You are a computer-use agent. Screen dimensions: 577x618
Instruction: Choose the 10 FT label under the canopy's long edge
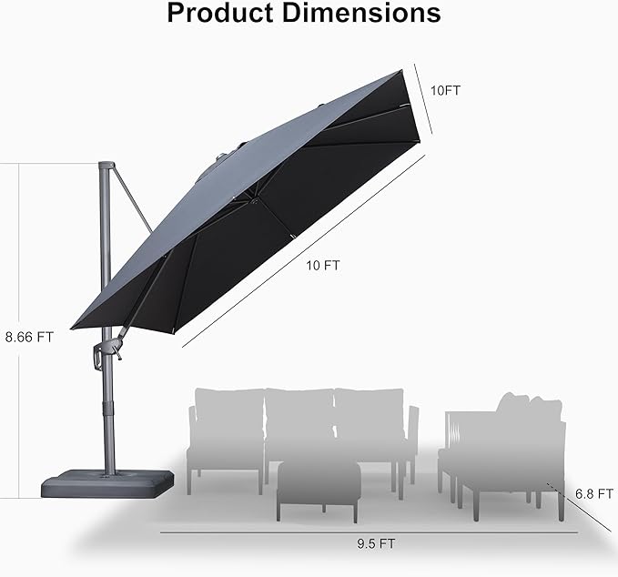325,266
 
